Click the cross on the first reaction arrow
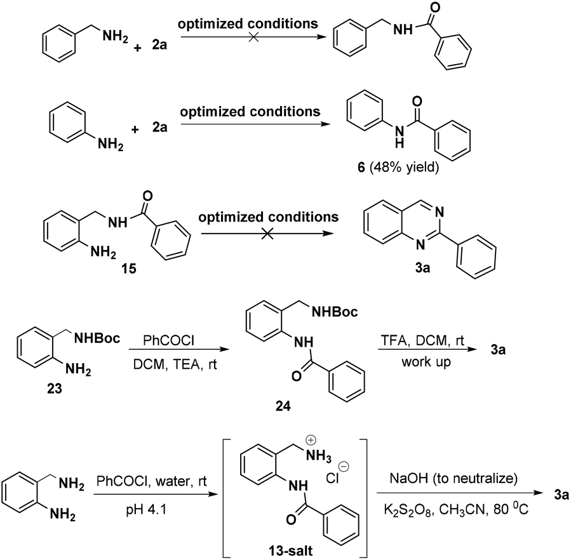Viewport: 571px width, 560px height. (x=253, y=37)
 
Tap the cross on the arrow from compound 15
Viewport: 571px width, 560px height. (x=267, y=234)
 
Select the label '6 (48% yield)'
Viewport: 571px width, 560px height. (x=398, y=168)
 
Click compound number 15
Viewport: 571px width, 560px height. (x=129, y=269)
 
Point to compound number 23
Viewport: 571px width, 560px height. (x=54, y=389)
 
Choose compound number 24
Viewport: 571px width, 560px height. (x=283, y=406)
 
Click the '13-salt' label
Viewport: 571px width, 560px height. (x=291, y=551)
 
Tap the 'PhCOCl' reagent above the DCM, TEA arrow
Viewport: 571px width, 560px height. (x=168, y=340)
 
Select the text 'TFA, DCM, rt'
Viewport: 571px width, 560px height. (x=422, y=340)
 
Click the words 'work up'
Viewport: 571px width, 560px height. (x=426, y=361)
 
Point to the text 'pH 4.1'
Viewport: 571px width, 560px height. (x=146, y=510)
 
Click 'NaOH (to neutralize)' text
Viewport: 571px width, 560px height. (x=453, y=478)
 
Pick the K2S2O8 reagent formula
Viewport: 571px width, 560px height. (x=408, y=510)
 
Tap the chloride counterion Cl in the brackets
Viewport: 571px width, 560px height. (x=332, y=478)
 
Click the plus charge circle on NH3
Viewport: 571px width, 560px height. (x=311, y=441)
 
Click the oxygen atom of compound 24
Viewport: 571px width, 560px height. (x=297, y=376)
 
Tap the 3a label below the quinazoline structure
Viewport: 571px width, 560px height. (x=422, y=268)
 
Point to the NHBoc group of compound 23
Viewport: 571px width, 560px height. (x=97, y=338)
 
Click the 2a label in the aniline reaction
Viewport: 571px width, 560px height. (x=159, y=128)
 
